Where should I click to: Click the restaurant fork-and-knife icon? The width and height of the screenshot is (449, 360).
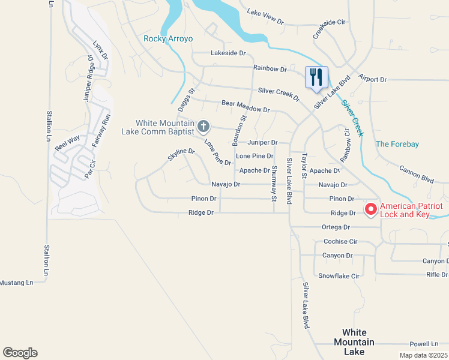pos(316,77)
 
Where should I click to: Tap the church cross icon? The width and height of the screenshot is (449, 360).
pos(203,126)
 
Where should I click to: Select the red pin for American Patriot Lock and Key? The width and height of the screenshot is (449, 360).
pos(371,209)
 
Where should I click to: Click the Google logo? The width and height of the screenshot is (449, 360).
pos(20,353)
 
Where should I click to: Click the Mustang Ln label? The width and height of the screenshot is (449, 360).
pos(16,282)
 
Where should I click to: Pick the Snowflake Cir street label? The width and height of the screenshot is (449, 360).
pos(339,276)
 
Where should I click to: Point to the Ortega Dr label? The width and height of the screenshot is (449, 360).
pos(336,227)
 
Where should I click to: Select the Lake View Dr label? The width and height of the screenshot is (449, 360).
pos(265,16)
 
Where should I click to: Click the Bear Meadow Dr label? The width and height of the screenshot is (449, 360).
pos(245,107)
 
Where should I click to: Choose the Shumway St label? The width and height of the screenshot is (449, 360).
pos(274,183)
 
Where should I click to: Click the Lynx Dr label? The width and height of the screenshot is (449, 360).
pos(100,50)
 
